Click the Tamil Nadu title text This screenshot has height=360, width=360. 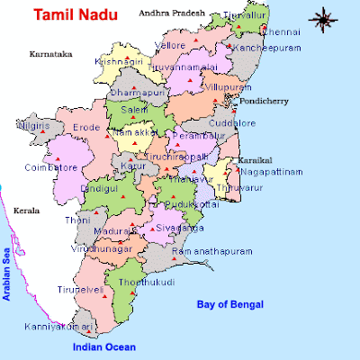pyautogui.click(x=68, y=15)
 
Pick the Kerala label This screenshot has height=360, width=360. pyautogui.click(x=25, y=211)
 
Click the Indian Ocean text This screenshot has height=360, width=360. pyautogui.click(x=104, y=346)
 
